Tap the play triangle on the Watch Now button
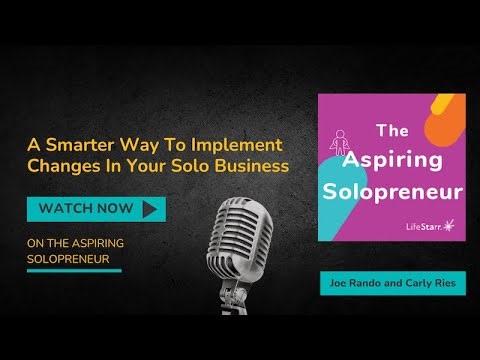pyautogui.click(x=151, y=209)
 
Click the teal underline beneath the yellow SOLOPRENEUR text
pyautogui.click(x=74, y=270)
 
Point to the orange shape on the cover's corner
pyautogui.click(x=452, y=109)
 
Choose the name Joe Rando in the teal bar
pyautogui.click(x=356, y=283)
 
